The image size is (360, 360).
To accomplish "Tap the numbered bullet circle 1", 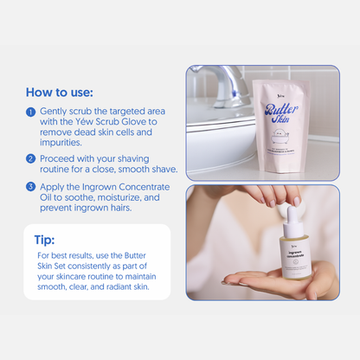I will coord(31,112).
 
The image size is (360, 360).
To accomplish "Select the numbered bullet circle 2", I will coord(31,159).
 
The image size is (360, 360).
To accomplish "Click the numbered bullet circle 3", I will coord(31,187).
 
